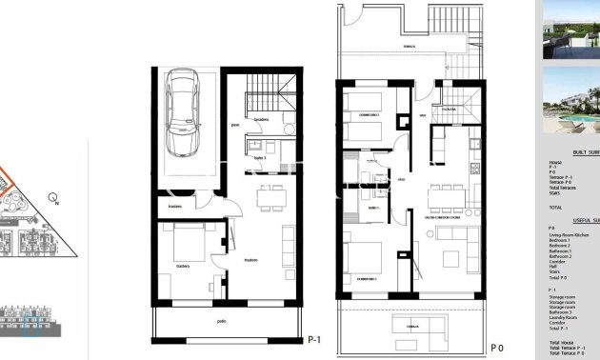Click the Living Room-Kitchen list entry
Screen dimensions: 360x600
click(570, 235)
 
